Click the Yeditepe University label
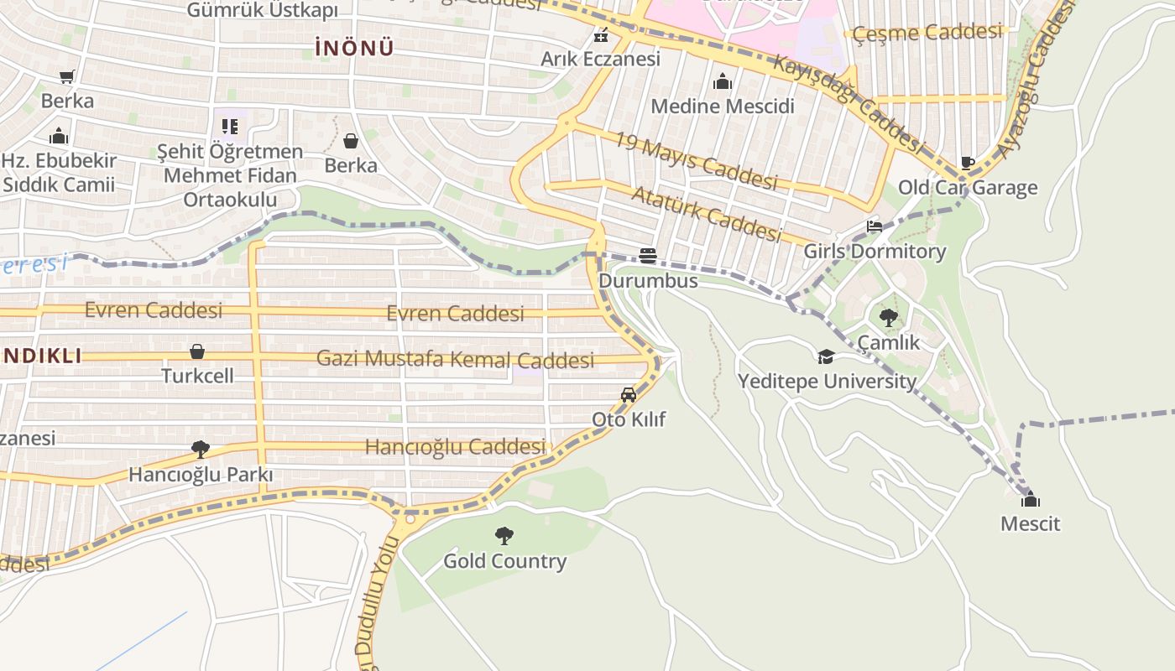(x=827, y=382)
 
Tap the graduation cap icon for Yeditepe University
(x=826, y=356)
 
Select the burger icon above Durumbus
(x=647, y=255)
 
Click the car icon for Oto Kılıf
(x=628, y=394)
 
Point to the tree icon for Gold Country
(x=504, y=535)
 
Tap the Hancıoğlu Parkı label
(x=201, y=475)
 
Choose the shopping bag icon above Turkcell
(x=197, y=351)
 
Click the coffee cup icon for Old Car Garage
(x=967, y=163)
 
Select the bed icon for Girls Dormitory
(x=875, y=226)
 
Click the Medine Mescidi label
(x=722, y=107)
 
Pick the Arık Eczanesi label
(x=600, y=59)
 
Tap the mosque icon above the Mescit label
(x=1031, y=500)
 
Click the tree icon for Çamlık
(x=888, y=317)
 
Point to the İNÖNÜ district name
(x=354, y=49)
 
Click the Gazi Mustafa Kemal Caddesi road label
(x=455, y=360)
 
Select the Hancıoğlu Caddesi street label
(x=455, y=447)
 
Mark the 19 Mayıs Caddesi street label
(x=696, y=160)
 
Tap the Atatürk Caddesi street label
(x=705, y=213)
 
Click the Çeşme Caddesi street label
(x=927, y=34)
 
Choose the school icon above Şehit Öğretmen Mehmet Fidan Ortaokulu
(x=230, y=127)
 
